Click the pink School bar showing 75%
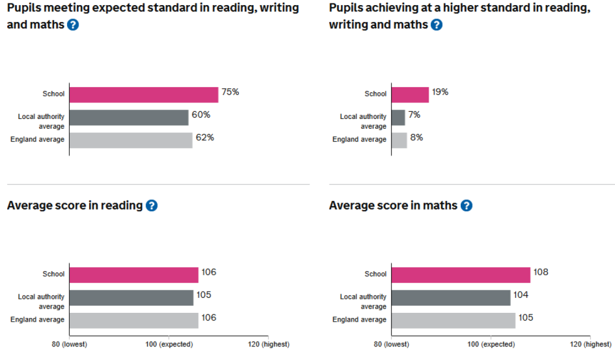143,95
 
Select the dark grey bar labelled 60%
129,117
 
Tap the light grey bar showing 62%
131,141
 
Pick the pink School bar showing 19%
410,95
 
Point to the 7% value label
414,115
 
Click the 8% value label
416,137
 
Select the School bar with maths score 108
461,275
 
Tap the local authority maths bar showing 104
450,298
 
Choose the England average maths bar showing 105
453,321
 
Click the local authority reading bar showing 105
131,298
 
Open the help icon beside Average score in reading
151,206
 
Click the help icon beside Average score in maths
466,206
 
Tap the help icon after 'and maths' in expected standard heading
73,25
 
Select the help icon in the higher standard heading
436,25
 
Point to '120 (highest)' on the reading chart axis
268,344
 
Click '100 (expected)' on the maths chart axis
491,344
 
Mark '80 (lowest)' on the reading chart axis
70,344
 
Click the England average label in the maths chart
359,319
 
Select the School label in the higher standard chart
375,94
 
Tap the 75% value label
230,92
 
